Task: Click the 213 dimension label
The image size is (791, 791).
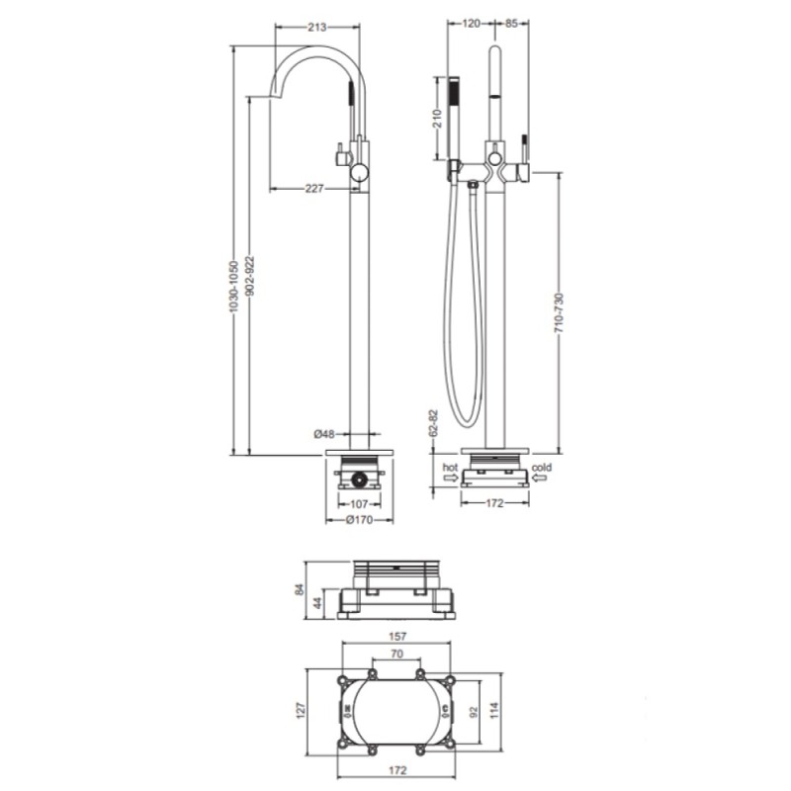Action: pyautogui.click(x=316, y=27)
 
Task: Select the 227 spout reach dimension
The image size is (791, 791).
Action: pyautogui.click(x=313, y=189)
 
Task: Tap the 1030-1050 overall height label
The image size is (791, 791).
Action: pyautogui.click(x=232, y=287)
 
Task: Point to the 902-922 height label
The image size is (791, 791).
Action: pyautogui.click(x=251, y=277)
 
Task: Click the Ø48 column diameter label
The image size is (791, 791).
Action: pyautogui.click(x=324, y=433)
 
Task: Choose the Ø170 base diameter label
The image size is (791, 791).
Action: pyautogui.click(x=359, y=520)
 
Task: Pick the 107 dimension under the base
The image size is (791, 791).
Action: pyautogui.click(x=359, y=504)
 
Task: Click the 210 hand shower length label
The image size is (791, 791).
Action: pyautogui.click(x=437, y=119)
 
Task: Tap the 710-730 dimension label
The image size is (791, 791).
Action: pyautogui.click(x=559, y=312)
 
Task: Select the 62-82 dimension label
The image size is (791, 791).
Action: pyautogui.click(x=435, y=424)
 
